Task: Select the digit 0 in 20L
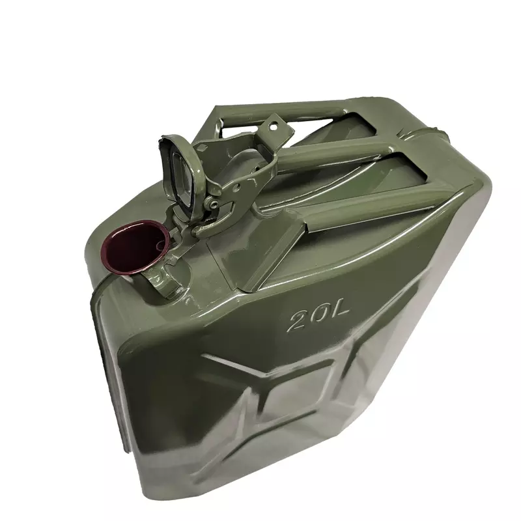click(320, 316)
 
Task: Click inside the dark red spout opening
click(135, 247)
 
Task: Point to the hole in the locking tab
click(273, 126)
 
